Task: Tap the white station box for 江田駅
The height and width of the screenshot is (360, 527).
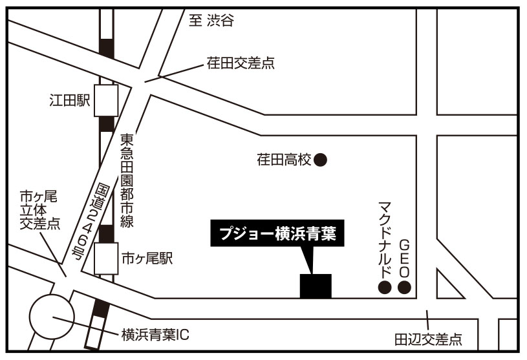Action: click(x=107, y=100)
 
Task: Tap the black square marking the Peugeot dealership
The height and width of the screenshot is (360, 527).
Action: click(x=316, y=286)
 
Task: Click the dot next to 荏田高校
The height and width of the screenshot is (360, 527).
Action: click(x=319, y=159)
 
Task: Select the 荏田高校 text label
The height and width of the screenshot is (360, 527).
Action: click(x=284, y=159)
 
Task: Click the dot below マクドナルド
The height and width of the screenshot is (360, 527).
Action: click(x=384, y=288)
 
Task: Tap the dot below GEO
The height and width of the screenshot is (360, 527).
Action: click(x=404, y=288)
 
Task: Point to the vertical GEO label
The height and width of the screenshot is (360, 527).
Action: click(x=405, y=257)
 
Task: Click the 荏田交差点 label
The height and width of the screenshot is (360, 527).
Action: click(x=241, y=63)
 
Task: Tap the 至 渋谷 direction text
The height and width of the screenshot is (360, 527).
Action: click(x=210, y=21)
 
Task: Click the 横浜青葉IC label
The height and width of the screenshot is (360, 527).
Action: click(x=155, y=335)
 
